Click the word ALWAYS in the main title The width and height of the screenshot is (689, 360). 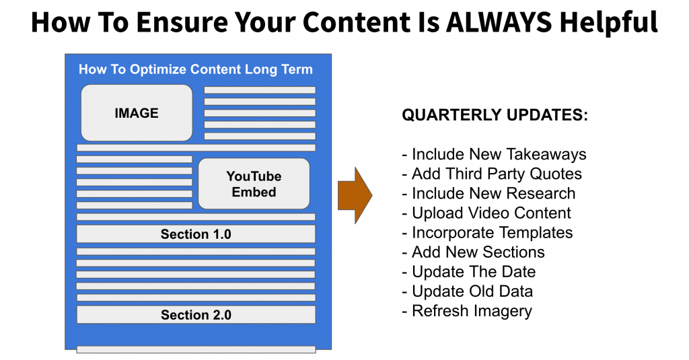click(499, 22)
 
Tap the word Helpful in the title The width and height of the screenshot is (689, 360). click(608, 23)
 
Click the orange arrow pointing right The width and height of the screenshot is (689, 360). click(355, 195)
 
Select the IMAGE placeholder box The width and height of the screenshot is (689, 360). click(137, 113)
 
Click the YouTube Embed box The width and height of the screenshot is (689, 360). click(254, 184)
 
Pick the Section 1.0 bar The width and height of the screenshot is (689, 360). click(196, 234)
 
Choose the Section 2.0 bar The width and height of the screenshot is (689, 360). click(196, 315)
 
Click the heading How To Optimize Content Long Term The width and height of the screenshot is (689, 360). click(196, 69)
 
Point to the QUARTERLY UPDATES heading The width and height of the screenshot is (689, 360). click(495, 114)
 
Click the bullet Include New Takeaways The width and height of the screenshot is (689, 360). click(495, 154)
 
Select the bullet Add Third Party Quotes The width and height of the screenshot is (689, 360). click(492, 174)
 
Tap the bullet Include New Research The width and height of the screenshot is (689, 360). click(488, 193)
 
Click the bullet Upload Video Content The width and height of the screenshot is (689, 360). click(486, 213)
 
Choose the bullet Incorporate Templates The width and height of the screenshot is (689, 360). click(488, 233)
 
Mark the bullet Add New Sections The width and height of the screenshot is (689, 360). click(473, 252)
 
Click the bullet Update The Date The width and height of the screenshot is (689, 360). click(469, 272)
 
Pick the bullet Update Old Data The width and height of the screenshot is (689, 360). click(468, 291)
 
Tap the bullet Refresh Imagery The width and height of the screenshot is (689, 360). click(467, 311)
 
